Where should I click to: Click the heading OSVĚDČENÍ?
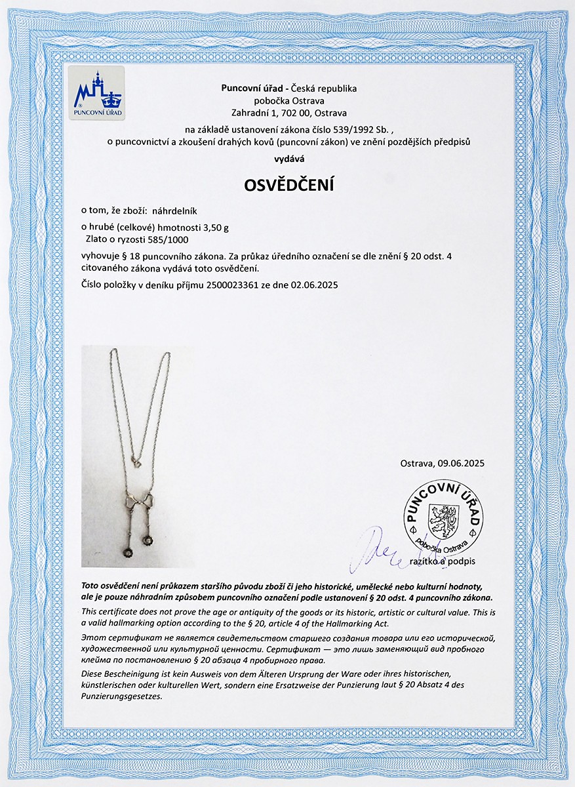288,186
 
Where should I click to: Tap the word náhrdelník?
178,211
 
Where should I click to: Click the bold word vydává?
288,158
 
